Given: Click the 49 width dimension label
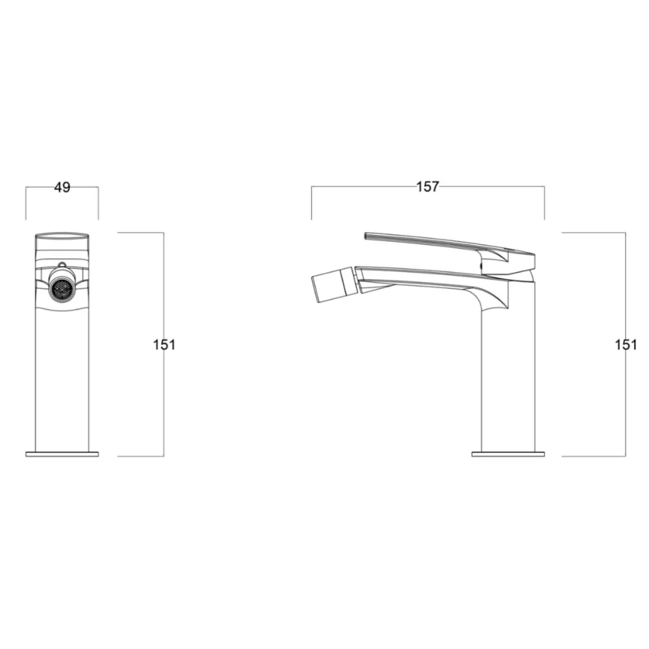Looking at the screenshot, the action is pyautogui.click(x=62, y=188).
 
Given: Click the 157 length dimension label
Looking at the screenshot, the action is pyautogui.click(x=428, y=187).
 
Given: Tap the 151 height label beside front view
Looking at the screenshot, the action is pyautogui.click(x=164, y=345).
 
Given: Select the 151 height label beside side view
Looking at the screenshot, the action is pyautogui.click(x=626, y=345).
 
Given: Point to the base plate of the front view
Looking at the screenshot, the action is pyautogui.click(x=62, y=454).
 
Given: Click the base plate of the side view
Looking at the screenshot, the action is pyautogui.click(x=508, y=454).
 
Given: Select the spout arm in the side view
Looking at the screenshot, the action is pyautogui.click(x=431, y=281).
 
